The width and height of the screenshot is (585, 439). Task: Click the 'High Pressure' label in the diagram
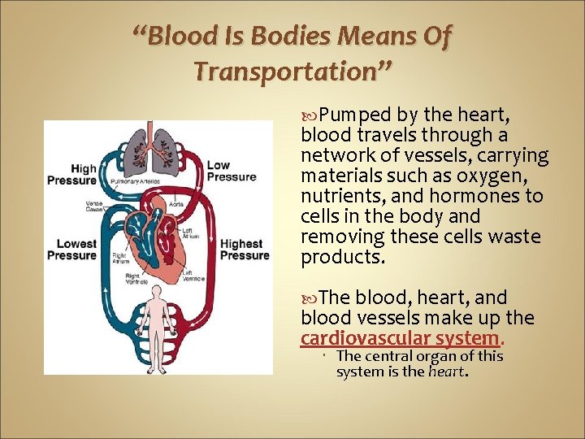click(71, 175)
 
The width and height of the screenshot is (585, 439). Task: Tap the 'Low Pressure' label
click(231, 171)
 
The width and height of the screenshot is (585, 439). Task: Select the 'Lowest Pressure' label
click(71, 250)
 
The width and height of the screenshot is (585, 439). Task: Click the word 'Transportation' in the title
click(293, 72)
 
